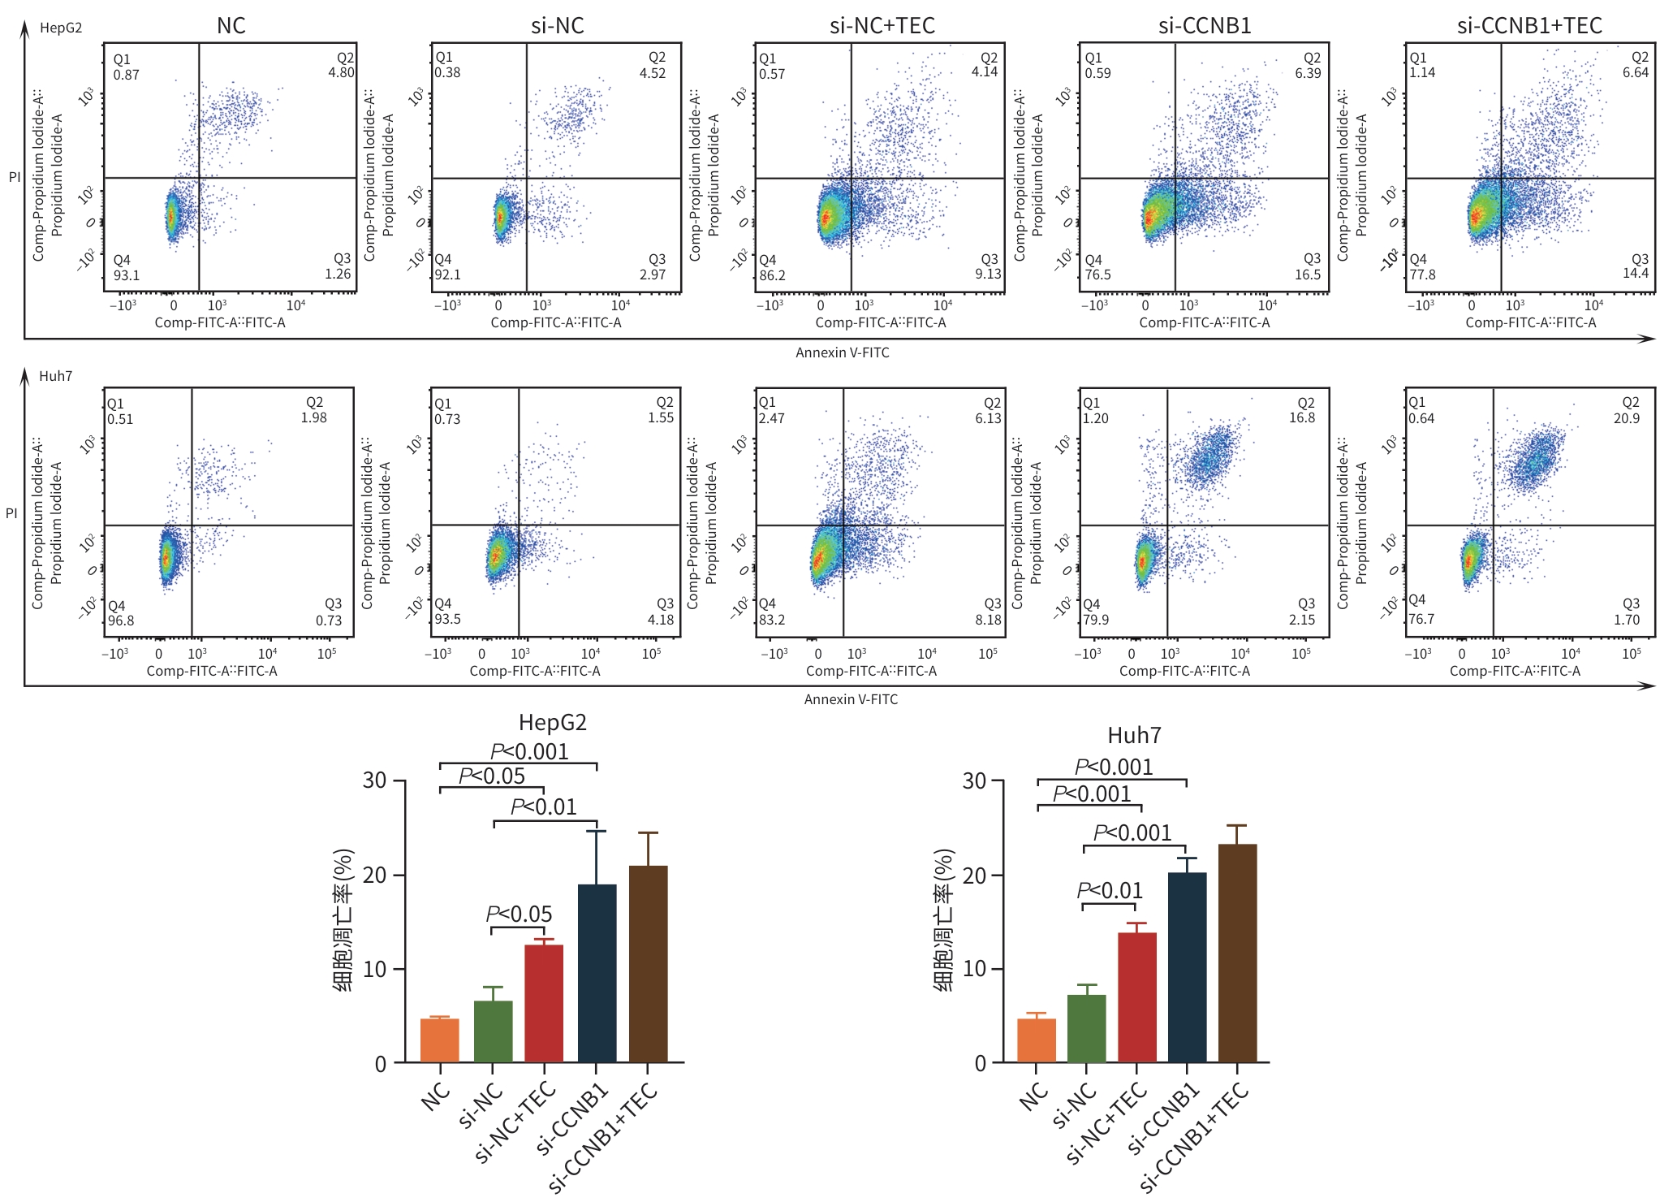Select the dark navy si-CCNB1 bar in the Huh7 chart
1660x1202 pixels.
[x=1187, y=967]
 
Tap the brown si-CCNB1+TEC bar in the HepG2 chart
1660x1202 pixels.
[x=648, y=964]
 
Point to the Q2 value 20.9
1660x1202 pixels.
[x=1626, y=418]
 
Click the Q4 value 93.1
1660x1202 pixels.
[x=127, y=275]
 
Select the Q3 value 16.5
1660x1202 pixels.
[x=1307, y=275]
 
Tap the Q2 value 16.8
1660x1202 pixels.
[x=1301, y=417]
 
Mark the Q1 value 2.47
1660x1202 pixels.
[x=771, y=418]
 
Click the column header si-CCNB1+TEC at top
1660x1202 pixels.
[x=1529, y=26]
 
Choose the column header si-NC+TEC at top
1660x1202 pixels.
[x=882, y=26]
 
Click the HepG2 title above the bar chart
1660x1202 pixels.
[x=552, y=722]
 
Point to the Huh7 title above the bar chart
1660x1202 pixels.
[x=1134, y=735]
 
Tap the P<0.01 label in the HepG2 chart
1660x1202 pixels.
[x=543, y=806]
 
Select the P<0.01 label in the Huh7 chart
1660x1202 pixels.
[x=1109, y=890]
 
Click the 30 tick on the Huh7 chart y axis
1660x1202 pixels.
[x=973, y=780]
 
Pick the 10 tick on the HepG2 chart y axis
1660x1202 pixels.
[x=374, y=969]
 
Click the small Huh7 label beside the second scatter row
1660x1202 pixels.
[x=55, y=376]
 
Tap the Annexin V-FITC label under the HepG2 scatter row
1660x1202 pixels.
[x=842, y=352]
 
